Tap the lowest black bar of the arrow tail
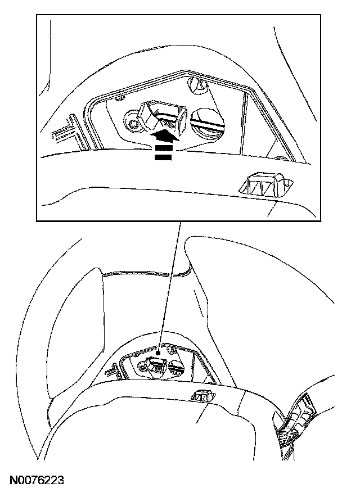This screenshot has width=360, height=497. [x=163, y=158]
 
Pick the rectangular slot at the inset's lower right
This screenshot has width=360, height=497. [x=263, y=185]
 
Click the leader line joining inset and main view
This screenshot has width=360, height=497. [x=169, y=287]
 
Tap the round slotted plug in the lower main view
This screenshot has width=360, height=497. [x=176, y=369]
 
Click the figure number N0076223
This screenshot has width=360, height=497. [x=36, y=481]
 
